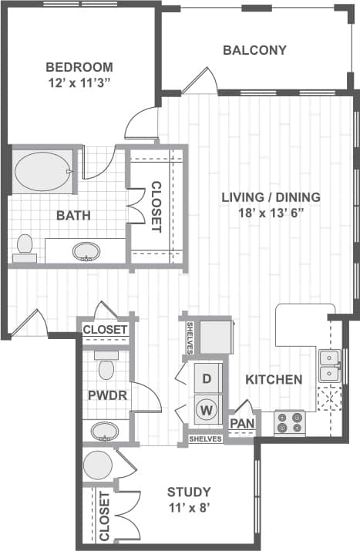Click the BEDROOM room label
[x=79, y=67]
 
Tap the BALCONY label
[x=254, y=51]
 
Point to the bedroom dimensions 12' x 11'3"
[x=79, y=84]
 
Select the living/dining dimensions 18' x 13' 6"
[x=271, y=213]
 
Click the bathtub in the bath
[x=42, y=171]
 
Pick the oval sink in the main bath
[x=86, y=251]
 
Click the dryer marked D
[x=206, y=378]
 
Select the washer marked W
[x=206, y=410]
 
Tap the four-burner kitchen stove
[x=290, y=422]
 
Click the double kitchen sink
[x=331, y=366]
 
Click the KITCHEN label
[x=274, y=379]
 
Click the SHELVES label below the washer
[x=206, y=438]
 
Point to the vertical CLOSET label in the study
[x=103, y=516]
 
